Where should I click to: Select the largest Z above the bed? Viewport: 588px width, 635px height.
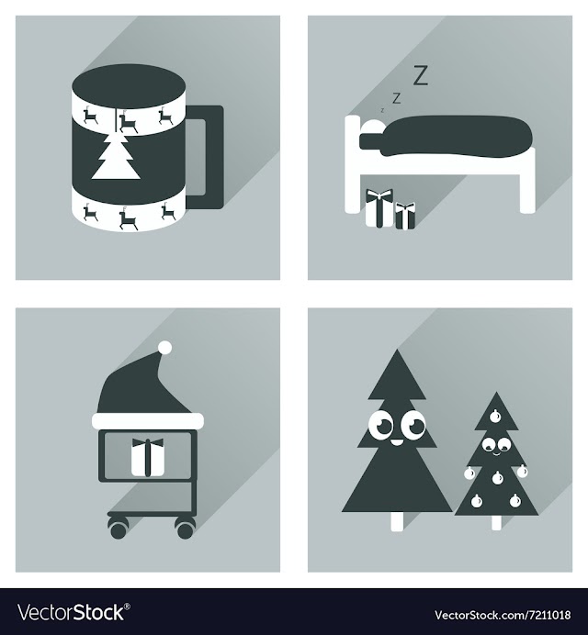[x=420, y=76]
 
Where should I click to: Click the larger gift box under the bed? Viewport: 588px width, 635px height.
[x=379, y=207]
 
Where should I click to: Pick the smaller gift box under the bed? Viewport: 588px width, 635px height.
[x=405, y=217]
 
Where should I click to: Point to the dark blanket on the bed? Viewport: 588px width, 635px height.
[x=446, y=136]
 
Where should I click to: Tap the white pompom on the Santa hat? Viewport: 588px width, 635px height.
[x=164, y=348]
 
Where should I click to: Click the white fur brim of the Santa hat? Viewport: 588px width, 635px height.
[x=148, y=421]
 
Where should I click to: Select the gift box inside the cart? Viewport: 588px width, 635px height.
[x=148, y=457]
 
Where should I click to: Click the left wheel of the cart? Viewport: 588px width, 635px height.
[x=118, y=529]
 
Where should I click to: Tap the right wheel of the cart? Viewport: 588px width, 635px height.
[x=185, y=529]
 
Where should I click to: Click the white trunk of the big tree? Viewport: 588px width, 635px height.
[x=397, y=521]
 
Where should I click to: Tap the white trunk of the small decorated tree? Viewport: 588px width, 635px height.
[x=496, y=522]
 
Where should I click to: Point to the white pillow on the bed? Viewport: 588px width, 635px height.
[x=372, y=128]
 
